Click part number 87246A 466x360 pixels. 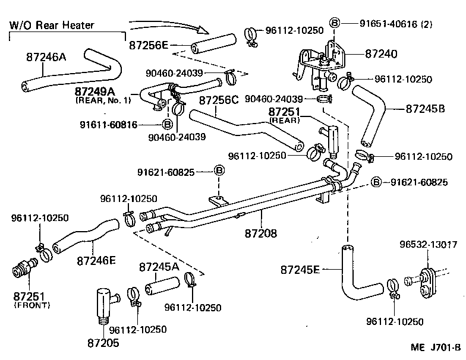45,58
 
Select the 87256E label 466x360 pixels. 149,45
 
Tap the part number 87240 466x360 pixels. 381,54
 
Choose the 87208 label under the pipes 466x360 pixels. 261,233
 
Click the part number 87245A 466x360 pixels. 159,267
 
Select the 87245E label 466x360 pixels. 301,270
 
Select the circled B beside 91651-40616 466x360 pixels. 334,24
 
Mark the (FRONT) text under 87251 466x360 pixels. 32,305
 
